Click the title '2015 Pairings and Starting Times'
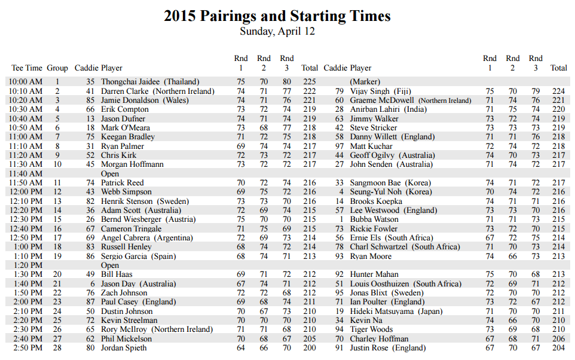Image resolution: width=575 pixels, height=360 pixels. click(277, 16)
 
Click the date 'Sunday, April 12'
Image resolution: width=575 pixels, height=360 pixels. click(277, 31)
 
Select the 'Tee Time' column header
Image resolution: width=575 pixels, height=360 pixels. click(27, 68)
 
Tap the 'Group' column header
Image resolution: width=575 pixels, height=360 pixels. click(57, 68)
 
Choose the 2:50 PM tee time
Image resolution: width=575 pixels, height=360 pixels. click(27, 348)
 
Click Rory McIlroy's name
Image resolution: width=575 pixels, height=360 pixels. click(157, 330)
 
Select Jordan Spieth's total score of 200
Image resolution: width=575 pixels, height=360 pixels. click(309, 348)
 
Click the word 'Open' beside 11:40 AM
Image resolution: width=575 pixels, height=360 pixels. click(110, 173)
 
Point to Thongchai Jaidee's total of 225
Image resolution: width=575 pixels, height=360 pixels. click(309, 82)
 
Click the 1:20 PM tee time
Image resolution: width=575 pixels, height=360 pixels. click(27, 266)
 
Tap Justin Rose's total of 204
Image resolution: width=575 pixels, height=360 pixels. click(558, 348)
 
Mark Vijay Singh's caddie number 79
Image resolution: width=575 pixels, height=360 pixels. click(339, 91)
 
